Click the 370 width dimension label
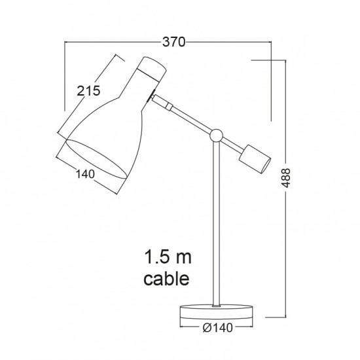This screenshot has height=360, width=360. (x=173, y=42)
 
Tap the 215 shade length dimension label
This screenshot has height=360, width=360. (x=88, y=91)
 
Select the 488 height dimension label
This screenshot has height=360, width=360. (x=286, y=177)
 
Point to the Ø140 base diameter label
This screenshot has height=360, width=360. (x=218, y=328)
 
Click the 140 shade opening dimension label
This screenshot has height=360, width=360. (x=85, y=174)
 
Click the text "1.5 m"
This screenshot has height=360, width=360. (x=168, y=257)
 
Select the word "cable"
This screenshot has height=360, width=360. (x=166, y=278)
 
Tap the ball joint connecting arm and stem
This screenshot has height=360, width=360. (x=216, y=135)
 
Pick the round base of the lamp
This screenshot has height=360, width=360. (x=216, y=312)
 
